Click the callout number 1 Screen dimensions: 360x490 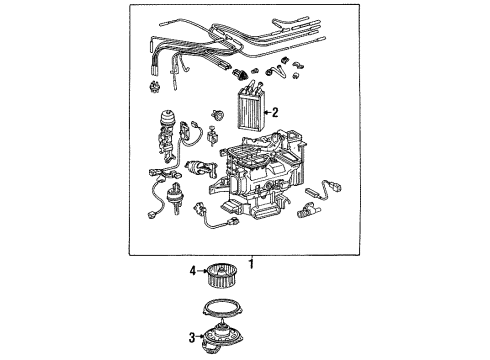pos(251,264)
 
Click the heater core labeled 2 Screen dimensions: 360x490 pos(253,116)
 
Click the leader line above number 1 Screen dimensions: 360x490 pos(251,255)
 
